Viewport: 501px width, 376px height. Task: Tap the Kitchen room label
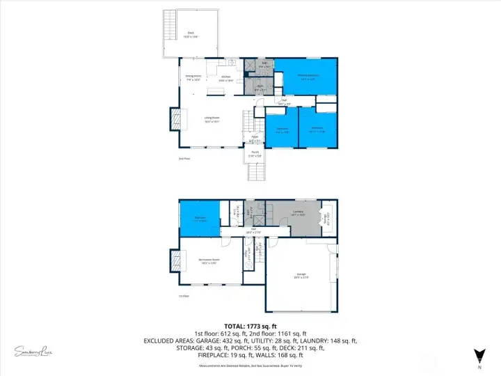point(225,79)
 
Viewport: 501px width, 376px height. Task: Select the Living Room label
point(212,120)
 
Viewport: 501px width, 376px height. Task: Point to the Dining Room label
point(193,77)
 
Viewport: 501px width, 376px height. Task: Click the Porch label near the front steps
point(256,155)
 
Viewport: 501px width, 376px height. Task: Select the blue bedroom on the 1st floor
point(199,219)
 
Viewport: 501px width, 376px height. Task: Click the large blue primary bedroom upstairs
point(308,77)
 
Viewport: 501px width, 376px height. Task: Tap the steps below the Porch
point(256,173)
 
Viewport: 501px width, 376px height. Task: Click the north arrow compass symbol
point(479,354)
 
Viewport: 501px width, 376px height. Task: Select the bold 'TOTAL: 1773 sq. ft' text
point(250,326)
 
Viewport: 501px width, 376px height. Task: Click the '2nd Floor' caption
point(184,158)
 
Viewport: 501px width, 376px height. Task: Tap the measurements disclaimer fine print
point(250,364)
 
